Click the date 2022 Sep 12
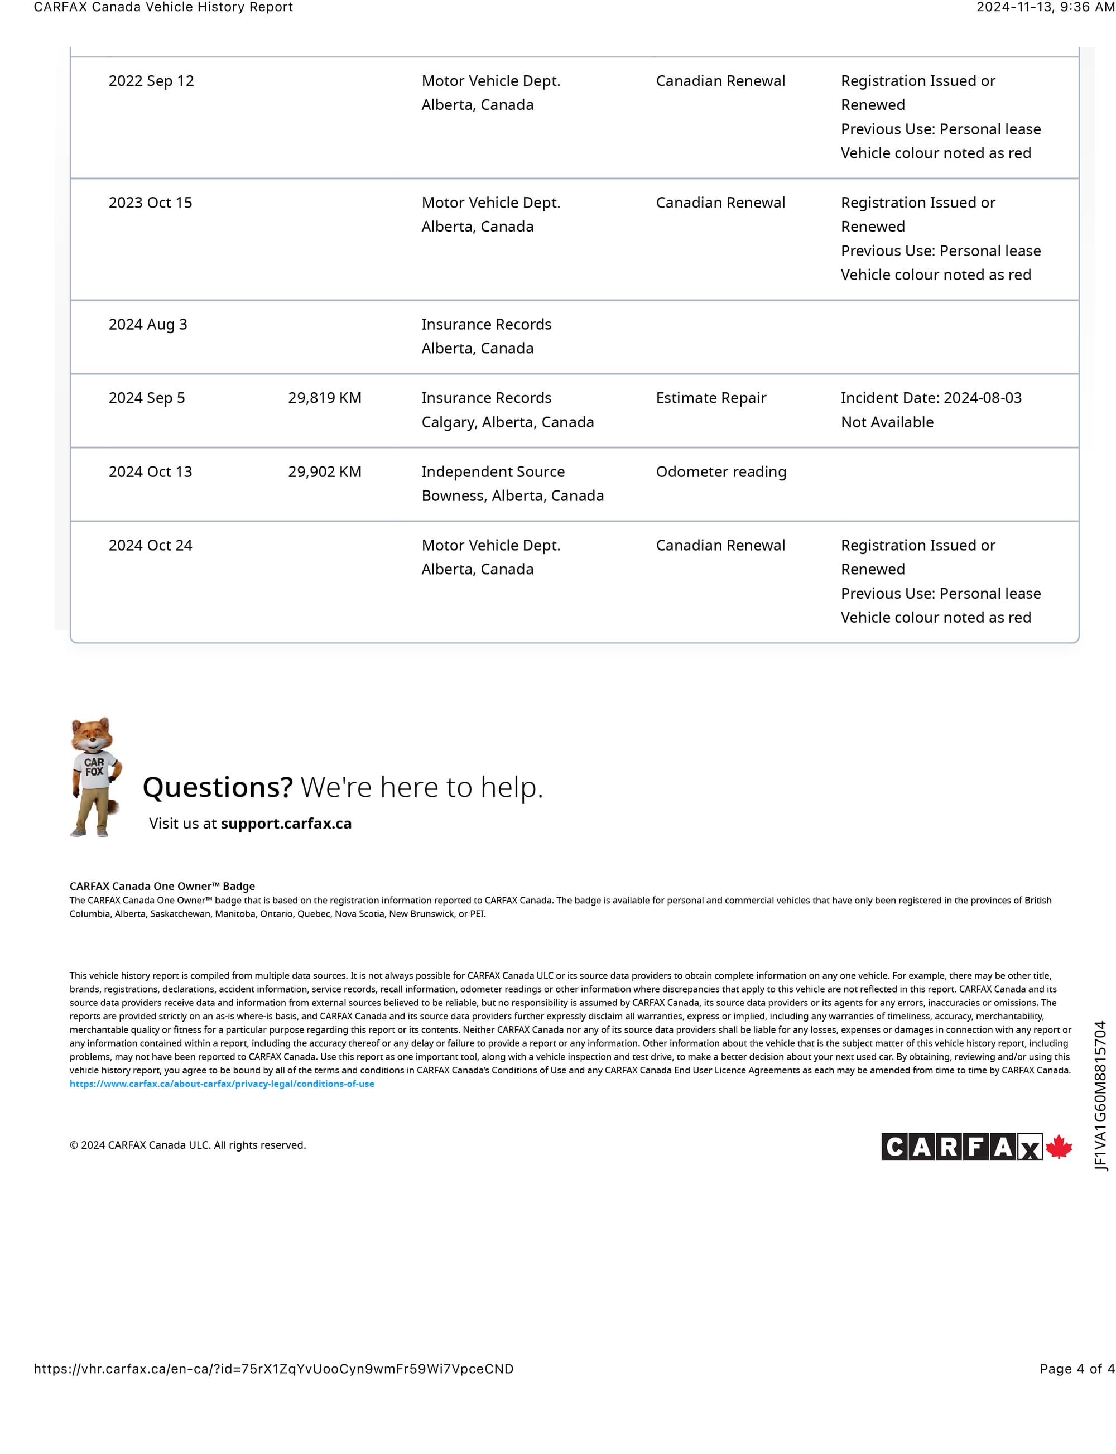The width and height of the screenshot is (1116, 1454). click(151, 81)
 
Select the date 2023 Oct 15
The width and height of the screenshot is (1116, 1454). click(150, 203)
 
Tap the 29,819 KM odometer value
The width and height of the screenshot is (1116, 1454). click(324, 398)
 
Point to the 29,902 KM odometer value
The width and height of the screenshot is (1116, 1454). click(324, 471)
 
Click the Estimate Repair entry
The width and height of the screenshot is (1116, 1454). click(711, 398)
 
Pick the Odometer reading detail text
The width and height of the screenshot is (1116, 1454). click(721, 471)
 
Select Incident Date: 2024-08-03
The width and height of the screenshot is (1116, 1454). click(931, 398)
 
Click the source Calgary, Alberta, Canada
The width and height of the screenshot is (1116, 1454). click(508, 422)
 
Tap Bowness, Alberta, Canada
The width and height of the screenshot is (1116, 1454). click(512, 495)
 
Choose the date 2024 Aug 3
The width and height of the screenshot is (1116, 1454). click(147, 324)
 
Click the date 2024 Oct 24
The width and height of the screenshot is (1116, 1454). click(150, 545)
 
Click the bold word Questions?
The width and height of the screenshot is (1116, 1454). click(217, 787)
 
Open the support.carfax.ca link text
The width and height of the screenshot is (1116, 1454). click(286, 824)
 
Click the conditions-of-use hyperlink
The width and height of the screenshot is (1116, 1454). click(222, 1084)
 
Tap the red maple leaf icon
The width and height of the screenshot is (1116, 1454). click(1059, 1147)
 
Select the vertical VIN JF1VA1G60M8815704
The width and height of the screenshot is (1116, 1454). click(1101, 1095)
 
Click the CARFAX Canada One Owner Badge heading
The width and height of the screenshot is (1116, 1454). click(162, 886)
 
